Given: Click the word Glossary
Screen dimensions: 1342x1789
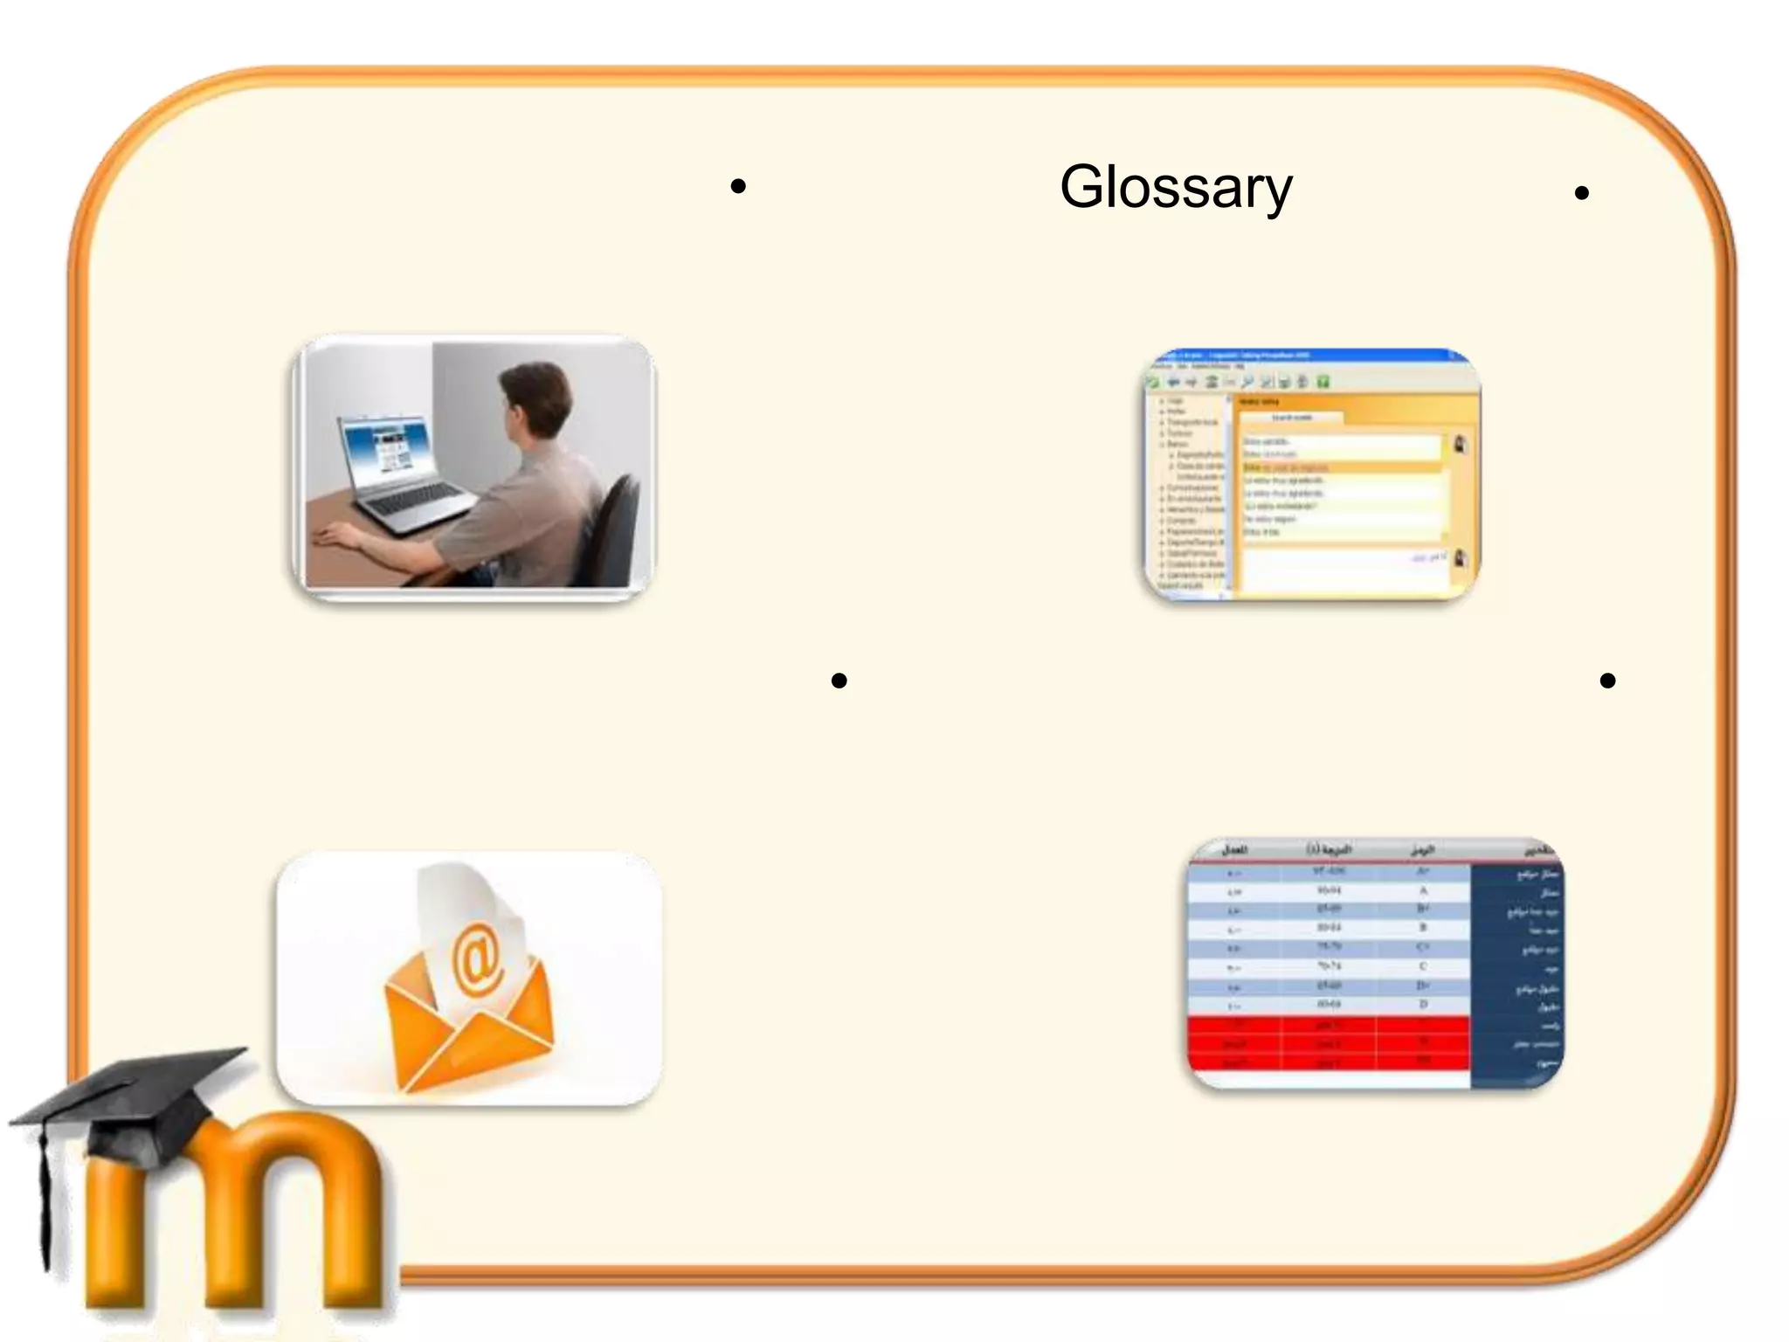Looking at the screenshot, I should [1175, 187].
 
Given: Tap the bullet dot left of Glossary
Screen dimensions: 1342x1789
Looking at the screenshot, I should [738, 186].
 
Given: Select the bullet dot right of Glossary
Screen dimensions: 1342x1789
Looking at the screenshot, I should [1581, 193].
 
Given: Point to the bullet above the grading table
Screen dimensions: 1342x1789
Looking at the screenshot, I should [1607, 681].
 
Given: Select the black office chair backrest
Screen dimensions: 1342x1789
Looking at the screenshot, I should [615, 524].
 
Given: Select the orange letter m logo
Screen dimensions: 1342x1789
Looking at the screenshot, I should [236, 1214].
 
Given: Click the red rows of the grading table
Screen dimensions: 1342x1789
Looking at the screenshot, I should [1328, 1044].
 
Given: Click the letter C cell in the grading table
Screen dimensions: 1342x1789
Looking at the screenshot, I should [1423, 966].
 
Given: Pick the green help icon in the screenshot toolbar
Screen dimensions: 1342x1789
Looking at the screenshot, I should [1323, 382].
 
